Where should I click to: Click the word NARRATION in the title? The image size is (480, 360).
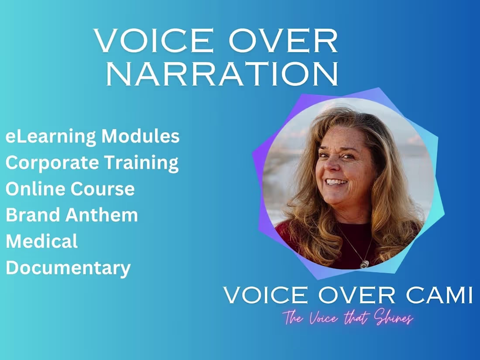(222, 74)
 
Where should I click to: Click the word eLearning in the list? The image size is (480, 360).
(51, 137)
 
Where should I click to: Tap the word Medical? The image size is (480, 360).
(42, 241)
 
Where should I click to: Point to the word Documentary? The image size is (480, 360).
(68, 267)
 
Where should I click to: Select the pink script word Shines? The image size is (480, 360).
(394, 319)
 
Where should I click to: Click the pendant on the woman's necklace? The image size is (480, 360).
(364, 264)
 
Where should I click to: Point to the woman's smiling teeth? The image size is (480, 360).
(336, 182)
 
